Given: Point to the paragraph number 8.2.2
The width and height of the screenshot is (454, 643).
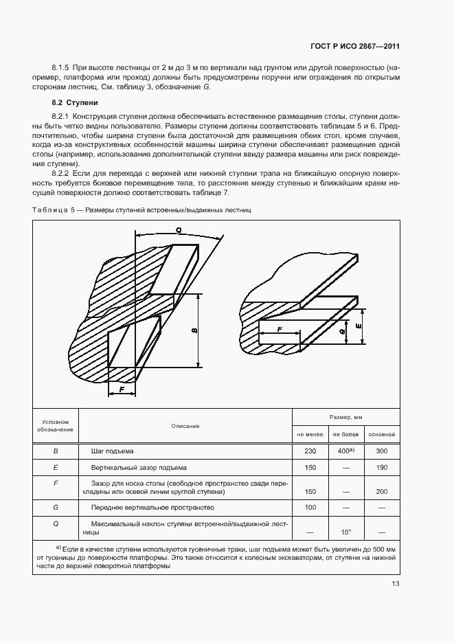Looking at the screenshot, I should click(x=62, y=174).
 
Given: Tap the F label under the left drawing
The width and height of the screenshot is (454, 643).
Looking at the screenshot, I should click(x=122, y=390).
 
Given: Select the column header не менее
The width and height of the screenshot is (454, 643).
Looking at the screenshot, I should click(x=310, y=434).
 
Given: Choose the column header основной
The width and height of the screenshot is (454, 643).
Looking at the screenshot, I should click(x=381, y=434).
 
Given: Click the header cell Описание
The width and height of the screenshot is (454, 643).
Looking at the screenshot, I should click(x=185, y=426).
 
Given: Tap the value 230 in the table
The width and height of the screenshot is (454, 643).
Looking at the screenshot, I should click(x=310, y=451).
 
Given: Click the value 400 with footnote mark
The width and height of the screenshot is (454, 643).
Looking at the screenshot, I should click(x=345, y=451).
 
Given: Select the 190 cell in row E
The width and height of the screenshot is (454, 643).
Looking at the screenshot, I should click(x=381, y=467).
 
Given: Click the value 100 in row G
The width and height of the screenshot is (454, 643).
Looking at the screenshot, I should click(x=310, y=508).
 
